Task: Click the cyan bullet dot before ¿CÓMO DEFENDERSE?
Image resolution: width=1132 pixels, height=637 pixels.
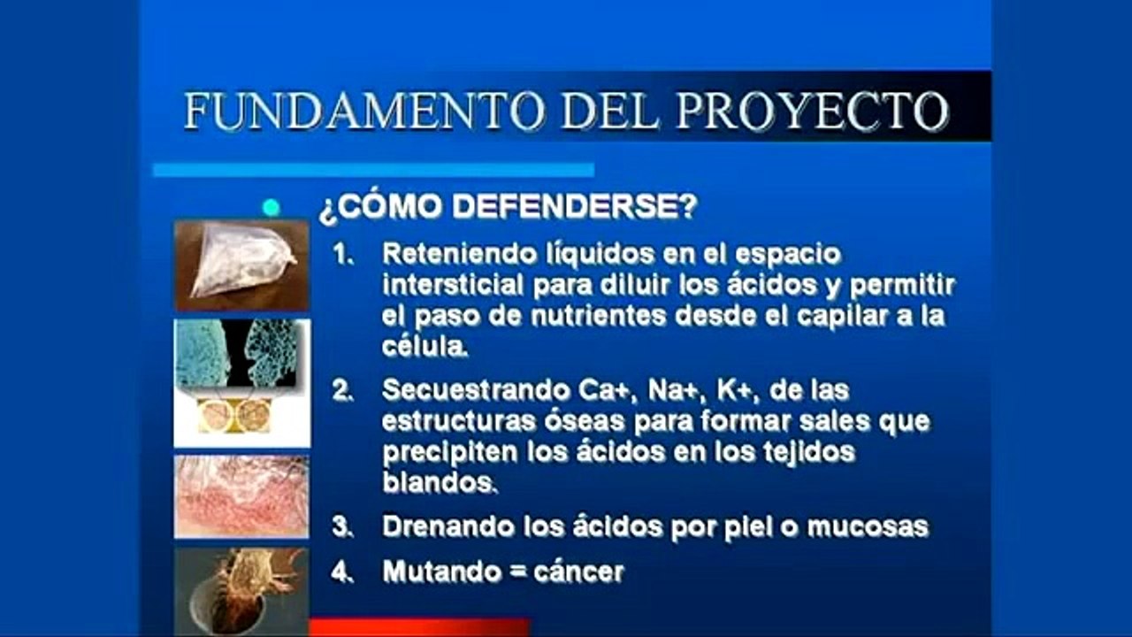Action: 272,208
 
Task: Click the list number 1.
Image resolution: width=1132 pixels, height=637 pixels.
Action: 340,255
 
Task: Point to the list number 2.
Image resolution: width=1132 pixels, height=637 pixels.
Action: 341,390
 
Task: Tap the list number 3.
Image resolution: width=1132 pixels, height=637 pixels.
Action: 341,526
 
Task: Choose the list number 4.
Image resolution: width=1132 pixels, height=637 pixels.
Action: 341,572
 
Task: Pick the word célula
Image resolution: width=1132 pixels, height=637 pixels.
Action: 424,346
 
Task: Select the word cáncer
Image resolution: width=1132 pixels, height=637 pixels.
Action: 578,572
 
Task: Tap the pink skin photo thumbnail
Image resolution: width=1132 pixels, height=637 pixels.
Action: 241,496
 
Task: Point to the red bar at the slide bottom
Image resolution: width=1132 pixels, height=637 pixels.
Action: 419,627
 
